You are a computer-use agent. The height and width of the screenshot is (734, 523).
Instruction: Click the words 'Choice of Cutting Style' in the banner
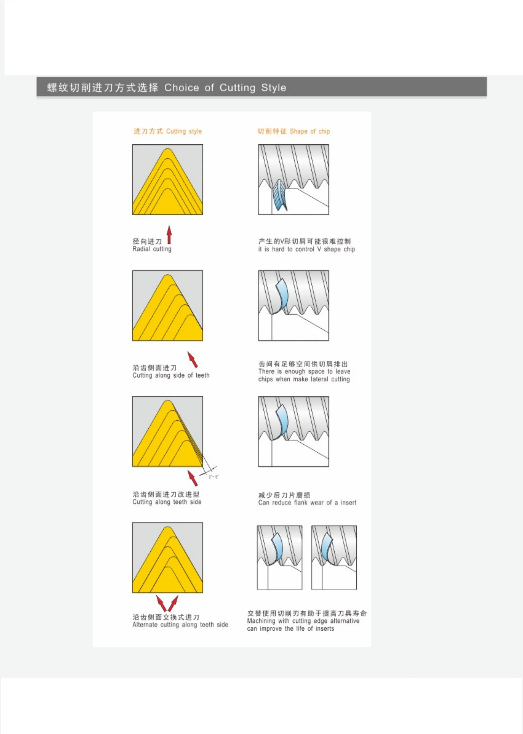pos(225,88)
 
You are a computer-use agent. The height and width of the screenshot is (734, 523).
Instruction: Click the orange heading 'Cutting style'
pos(184,131)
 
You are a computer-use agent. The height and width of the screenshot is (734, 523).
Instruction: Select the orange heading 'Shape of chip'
pos(310,131)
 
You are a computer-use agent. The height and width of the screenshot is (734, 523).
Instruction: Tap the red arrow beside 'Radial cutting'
pos(169,235)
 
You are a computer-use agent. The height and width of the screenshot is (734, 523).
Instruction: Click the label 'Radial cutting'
pos(152,249)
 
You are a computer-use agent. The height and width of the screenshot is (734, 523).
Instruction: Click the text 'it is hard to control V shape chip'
pos(307,249)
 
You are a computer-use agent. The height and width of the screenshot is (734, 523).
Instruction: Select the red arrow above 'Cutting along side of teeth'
pos(193,359)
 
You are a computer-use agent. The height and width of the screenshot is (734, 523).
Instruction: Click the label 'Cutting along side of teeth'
pos(171,375)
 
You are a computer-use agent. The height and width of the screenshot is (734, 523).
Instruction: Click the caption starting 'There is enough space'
pos(304,375)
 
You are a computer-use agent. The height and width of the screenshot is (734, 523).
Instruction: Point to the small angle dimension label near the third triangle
pos(213,477)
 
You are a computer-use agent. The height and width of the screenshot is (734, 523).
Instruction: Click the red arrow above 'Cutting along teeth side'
pos(193,478)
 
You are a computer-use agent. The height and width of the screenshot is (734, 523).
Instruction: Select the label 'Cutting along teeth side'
pos(167,502)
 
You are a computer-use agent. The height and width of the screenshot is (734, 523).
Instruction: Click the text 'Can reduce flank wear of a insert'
pos(307,503)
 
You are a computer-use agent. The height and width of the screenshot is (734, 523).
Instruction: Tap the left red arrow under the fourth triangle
pos(162,603)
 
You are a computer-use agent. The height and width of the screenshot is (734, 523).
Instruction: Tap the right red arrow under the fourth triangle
pos(173,603)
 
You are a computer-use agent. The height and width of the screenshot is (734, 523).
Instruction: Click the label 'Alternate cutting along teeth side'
pos(180,625)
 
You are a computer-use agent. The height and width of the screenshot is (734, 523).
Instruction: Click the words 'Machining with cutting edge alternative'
pos(303,621)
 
